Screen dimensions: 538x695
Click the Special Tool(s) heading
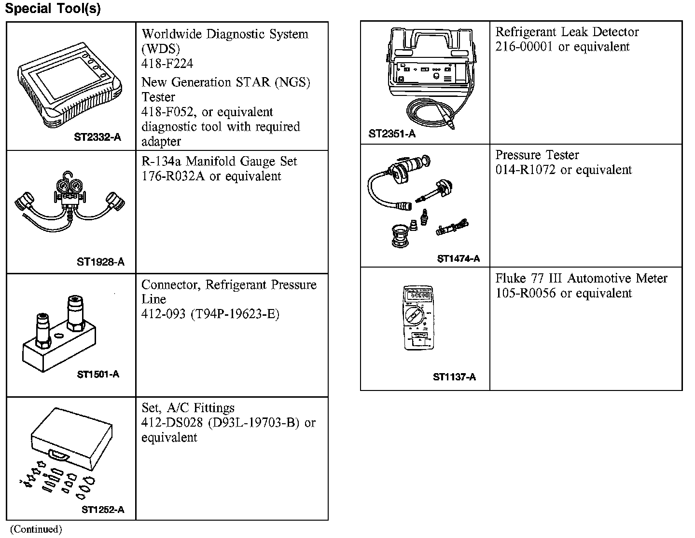pos(53,9)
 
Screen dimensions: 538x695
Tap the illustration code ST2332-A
pos(97,137)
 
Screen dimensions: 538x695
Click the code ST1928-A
pos(100,262)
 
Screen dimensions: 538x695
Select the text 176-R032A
pos(173,176)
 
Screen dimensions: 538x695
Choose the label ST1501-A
pos(98,374)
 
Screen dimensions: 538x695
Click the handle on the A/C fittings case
pos(58,454)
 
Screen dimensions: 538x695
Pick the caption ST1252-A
pos(103,510)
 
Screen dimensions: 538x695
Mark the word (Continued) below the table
pos(36,529)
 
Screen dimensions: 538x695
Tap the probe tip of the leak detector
pos(452,126)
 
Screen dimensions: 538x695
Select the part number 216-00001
pos(525,47)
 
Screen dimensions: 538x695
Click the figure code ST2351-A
pos(392,134)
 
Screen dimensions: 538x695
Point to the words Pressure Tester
pos(537,155)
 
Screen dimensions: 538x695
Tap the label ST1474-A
pos(458,258)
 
